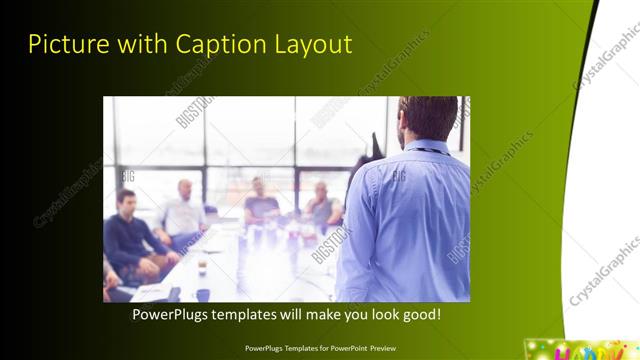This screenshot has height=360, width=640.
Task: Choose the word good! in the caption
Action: click(x=419, y=314)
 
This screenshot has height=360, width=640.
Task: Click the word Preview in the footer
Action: click(x=379, y=348)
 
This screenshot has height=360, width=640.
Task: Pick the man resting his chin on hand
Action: click(x=321, y=204)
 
